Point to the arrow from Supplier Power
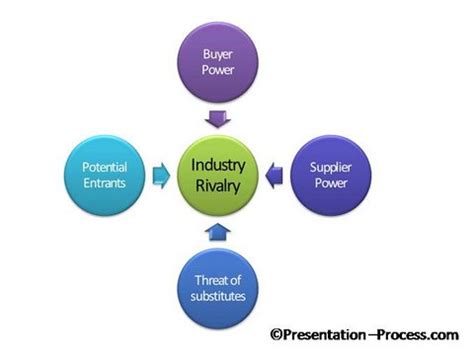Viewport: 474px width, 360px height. [276, 177]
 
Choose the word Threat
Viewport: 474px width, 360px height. [217, 280]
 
